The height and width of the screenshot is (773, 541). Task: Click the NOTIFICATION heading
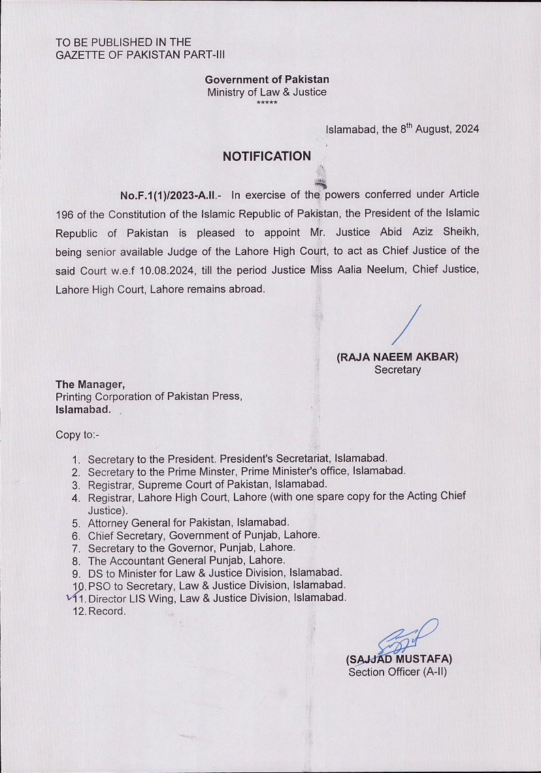click(x=267, y=156)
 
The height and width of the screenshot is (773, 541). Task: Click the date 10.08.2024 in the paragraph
click(x=150, y=270)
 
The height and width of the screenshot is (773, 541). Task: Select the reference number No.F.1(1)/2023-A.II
click(x=171, y=195)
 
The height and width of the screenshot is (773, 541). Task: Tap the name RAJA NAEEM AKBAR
click(x=397, y=357)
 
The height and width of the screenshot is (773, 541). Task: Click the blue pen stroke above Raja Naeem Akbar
click(x=406, y=325)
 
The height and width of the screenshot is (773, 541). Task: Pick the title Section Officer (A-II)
click(x=397, y=672)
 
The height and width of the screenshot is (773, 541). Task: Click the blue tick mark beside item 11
click(x=73, y=595)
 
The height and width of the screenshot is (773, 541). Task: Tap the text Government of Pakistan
click(x=267, y=80)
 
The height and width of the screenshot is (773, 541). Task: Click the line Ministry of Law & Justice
click(x=267, y=92)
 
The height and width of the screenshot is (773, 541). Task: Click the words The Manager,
click(x=90, y=384)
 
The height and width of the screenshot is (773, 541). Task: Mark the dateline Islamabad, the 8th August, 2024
click(x=402, y=129)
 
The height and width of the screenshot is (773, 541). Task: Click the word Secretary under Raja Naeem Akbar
click(x=397, y=370)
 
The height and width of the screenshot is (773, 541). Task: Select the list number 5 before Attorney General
click(x=76, y=523)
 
